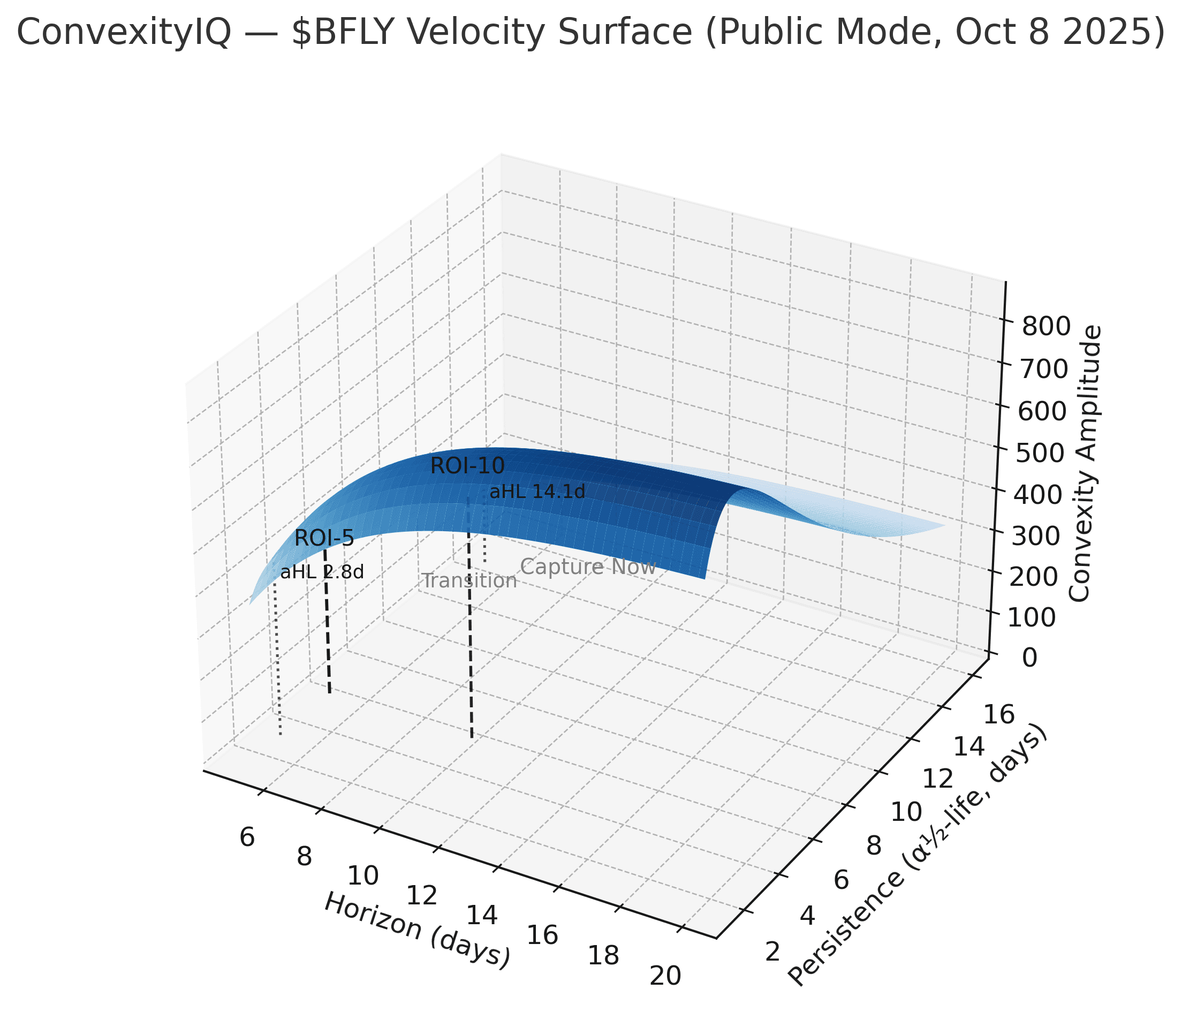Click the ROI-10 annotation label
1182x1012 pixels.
click(x=467, y=466)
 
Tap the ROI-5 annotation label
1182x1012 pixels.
click(x=324, y=538)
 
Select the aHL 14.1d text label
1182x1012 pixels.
click(x=537, y=492)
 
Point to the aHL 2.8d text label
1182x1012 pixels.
click(x=322, y=572)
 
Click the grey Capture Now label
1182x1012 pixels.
click(x=588, y=567)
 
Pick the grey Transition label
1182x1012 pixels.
click(x=469, y=581)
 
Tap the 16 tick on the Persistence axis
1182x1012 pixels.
click(x=1000, y=715)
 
